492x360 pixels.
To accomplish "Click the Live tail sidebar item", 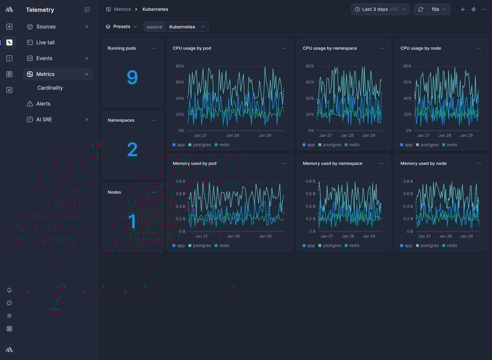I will point(45,43).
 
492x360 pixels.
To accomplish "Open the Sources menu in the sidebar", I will point(46,27).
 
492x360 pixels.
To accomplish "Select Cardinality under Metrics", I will point(50,88).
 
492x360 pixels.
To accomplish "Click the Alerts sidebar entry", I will point(43,104).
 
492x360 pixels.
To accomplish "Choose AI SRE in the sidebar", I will point(44,120).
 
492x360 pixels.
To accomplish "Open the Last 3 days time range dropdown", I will point(380,9).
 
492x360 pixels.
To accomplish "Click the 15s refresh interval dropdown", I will point(439,9).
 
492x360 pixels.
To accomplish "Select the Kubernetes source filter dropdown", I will point(187,27).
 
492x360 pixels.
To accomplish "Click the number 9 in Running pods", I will point(132,78).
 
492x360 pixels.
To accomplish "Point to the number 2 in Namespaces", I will point(132,150).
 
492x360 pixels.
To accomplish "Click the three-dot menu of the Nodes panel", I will point(154,192).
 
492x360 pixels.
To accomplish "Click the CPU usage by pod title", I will point(192,48).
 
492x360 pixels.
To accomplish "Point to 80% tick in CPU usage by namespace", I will point(310,66).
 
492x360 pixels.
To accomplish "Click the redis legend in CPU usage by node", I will point(452,145).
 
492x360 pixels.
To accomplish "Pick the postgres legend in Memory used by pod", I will point(202,245).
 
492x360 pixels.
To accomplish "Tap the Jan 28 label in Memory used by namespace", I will point(348,236).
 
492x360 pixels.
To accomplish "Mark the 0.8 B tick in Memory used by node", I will point(408,181).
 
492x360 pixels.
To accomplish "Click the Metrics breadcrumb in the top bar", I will point(122,9).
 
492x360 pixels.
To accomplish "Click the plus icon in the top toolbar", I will point(463,9).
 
